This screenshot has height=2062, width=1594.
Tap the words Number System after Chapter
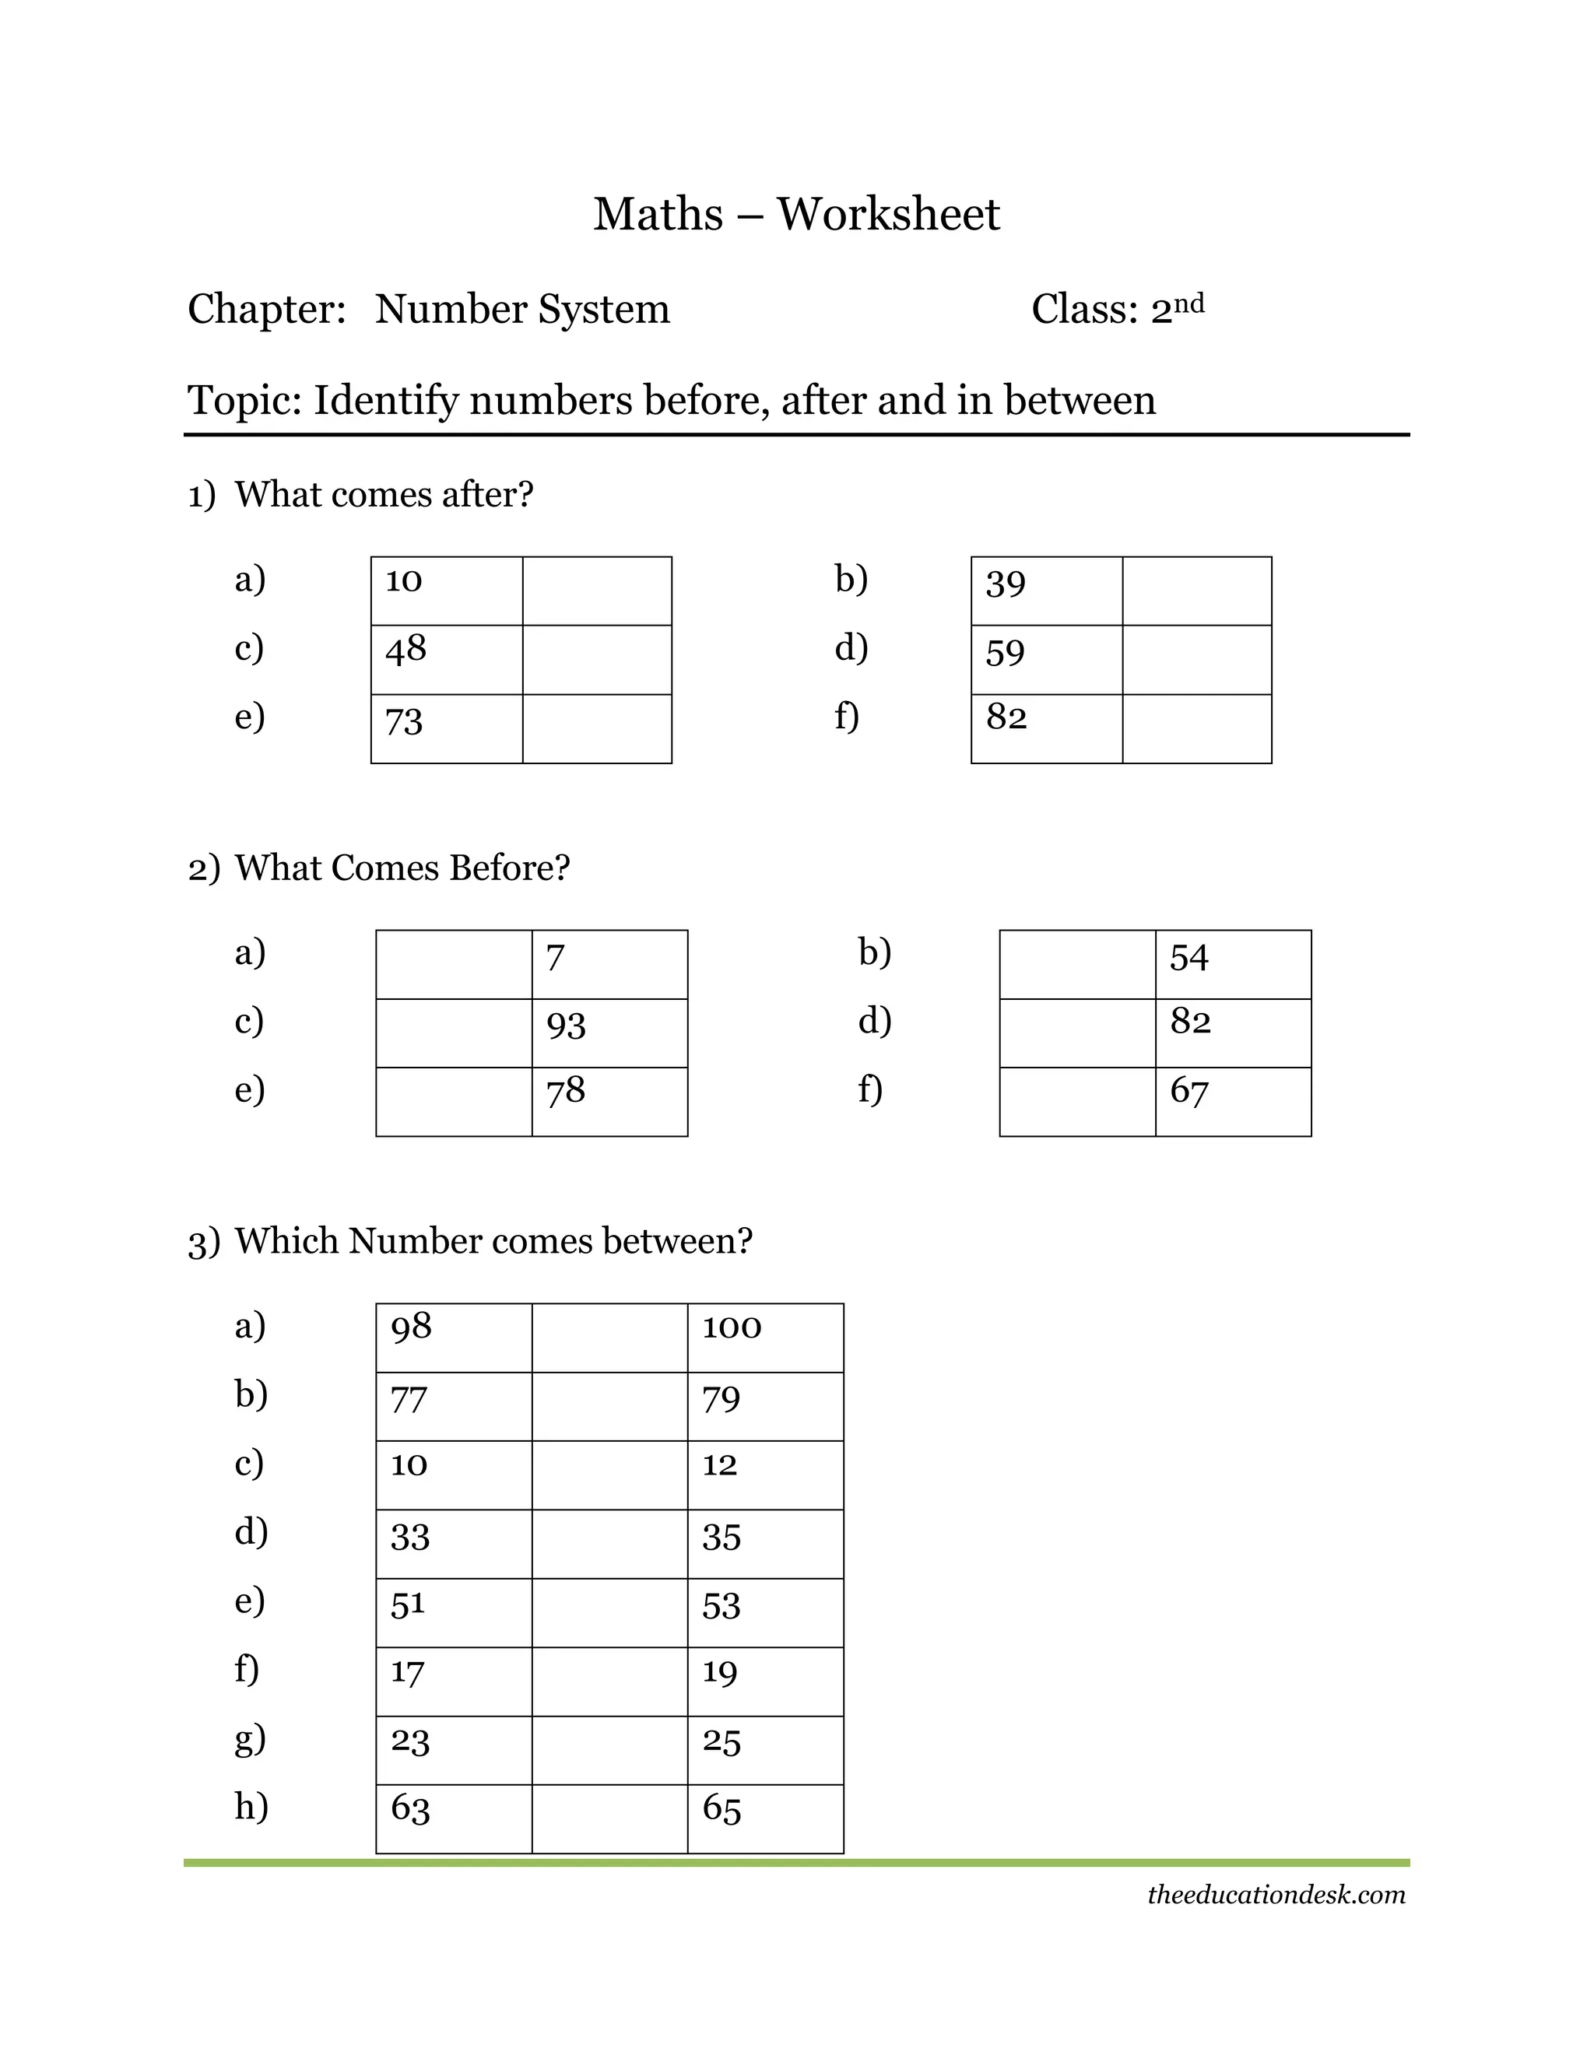[x=522, y=310]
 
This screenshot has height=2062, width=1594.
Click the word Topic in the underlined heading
[x=244, y=400]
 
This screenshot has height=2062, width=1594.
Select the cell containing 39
[x=1046, y=591]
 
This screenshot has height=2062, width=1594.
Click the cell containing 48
[x=447, y=660]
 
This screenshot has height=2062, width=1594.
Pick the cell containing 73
[x=447, y=729]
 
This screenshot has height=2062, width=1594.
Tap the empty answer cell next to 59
[x=1196, y=660]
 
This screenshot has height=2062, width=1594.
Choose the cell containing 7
[x=609, y=964]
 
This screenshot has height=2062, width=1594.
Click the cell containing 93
[x=609, y=1033]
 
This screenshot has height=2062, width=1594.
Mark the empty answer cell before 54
[x=1077, y=964]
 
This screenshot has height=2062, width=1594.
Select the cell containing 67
[x=1234, y=1102]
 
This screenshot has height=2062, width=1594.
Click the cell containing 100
[x=765, y=1338]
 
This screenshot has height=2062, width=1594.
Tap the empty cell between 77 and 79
[x=609, y=1407]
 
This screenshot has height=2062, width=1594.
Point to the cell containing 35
[x=765, y=1545]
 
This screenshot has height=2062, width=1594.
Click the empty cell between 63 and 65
[x=609, y=1819]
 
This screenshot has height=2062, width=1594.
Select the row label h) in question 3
[x=251, y=1806]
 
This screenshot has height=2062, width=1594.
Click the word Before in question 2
[x=510, y=868]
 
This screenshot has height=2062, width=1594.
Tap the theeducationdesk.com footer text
[x=1276, y=1895]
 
